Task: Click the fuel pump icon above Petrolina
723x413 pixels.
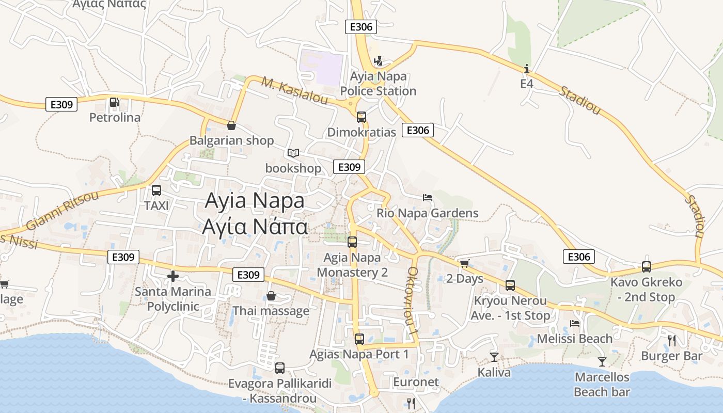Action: click(114, 103)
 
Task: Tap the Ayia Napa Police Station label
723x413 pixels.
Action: click(378, 84)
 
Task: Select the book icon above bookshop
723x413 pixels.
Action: click(293, 153)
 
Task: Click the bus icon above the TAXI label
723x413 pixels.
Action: click(156, 190)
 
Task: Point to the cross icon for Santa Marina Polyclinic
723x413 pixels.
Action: click(173, 276)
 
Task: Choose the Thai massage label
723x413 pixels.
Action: click(271, 311)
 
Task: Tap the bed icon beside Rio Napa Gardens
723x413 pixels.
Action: click(427, 197)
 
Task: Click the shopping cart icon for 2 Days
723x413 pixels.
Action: click(464, 264)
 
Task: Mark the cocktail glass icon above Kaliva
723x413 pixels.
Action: click(494, 357)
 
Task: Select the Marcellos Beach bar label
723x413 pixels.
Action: click(602, 385)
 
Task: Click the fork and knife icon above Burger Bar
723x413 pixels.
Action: click(671, 340)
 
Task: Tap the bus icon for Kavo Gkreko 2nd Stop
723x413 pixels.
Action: click(647, 267)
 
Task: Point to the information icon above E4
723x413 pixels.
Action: click(526, 69)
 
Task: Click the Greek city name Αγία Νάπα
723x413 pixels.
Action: click(255, 226)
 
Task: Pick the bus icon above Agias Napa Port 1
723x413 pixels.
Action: click(359, 339)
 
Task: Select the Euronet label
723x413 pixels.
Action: click(416, 383)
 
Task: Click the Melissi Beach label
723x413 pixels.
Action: click(575, 339)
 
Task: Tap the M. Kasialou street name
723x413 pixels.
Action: click(295, 91)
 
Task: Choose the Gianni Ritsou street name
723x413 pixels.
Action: click(62, 211)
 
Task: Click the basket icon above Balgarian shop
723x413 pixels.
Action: click(231, 125)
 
